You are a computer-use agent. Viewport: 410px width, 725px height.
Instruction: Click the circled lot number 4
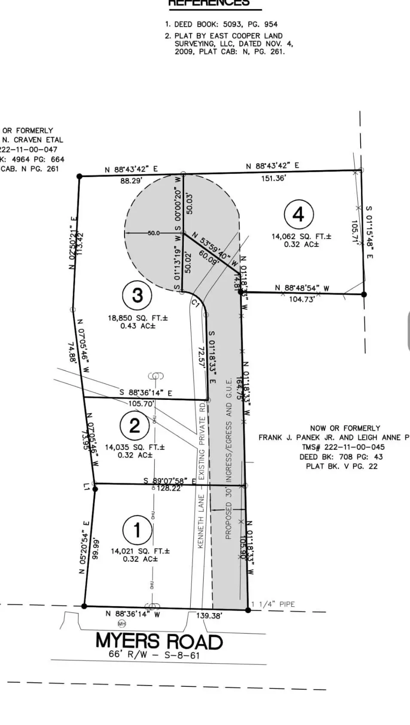point(299,214)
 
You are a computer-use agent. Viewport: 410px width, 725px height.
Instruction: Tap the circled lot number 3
point(137,295)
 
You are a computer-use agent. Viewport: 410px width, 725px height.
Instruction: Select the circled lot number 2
point(135,425)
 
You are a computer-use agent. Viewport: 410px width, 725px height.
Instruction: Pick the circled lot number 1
point(137,530)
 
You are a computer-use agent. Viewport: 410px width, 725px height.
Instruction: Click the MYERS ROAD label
point(159,641)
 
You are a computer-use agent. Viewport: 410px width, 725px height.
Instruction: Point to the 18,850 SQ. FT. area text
point(138,318)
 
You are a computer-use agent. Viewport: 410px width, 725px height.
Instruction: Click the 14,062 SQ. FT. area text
point(301,236)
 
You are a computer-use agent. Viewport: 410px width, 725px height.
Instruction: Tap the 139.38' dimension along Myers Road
point(209,616)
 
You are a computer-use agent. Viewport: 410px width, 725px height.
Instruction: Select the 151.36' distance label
point(273,178)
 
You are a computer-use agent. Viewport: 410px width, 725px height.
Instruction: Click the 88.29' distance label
point(131,181)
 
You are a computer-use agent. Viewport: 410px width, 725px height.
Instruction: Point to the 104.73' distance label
point(302,299)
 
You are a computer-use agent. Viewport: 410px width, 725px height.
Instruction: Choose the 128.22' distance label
point(169,488)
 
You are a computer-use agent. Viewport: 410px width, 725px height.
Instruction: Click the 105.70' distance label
point(141,403)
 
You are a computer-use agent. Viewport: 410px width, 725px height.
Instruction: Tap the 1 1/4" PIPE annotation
point(273,604)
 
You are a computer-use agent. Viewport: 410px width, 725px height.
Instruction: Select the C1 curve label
point(196,304)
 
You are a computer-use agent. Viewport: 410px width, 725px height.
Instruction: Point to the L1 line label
point(87,486)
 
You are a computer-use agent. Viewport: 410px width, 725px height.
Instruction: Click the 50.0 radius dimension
point(153,233)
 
